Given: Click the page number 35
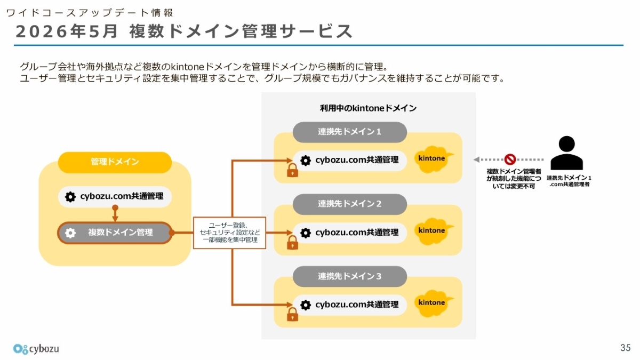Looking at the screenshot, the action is [625, 347].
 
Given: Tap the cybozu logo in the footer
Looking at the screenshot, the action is [36, 349].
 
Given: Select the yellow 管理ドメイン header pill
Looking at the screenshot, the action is [115, 162].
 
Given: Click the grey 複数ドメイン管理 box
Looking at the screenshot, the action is [115, 233].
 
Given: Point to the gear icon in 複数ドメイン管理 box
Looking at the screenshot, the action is [70, 233].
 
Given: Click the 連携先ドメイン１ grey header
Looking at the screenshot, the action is [350, 132].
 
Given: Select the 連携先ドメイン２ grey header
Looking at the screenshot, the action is [350, 204].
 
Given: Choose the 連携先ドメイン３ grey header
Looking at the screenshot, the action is [350, 276].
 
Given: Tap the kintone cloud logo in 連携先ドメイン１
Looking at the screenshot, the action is [433, 159].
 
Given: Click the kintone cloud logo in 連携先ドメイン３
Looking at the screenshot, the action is [433, 303].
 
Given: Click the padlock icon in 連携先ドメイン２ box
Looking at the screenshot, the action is [292, 243].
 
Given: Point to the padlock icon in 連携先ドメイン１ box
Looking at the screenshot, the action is [292, 170].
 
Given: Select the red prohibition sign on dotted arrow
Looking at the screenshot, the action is [510, 159].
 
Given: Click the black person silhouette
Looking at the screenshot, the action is [566, 153].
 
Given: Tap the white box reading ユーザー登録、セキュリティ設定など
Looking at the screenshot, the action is [230, 233].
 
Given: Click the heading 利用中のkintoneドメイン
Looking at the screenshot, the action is [368, 108].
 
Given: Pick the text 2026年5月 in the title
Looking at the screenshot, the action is [66, 31].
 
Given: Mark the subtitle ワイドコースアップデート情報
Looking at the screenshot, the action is [90, 13].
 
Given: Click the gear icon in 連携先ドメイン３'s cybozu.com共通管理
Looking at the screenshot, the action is [306, 305].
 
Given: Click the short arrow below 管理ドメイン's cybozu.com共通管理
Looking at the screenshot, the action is [115, 213].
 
